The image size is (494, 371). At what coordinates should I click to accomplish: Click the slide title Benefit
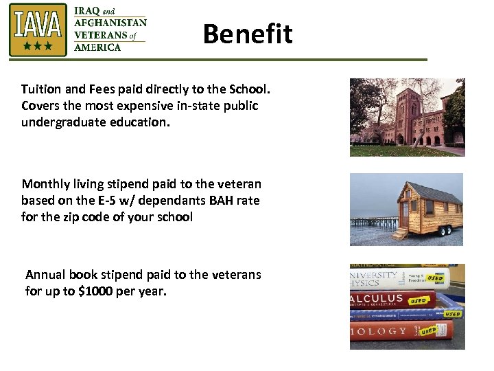click(x=247, y=34)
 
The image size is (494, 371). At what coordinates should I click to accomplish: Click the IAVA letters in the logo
click(x=38, y=25)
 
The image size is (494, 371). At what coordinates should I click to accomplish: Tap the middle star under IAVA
click(x=38, y=46)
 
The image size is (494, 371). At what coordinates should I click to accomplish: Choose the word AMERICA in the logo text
click(x=97, y=47)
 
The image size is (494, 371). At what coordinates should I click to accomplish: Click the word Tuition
click(x=41, y=89)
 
